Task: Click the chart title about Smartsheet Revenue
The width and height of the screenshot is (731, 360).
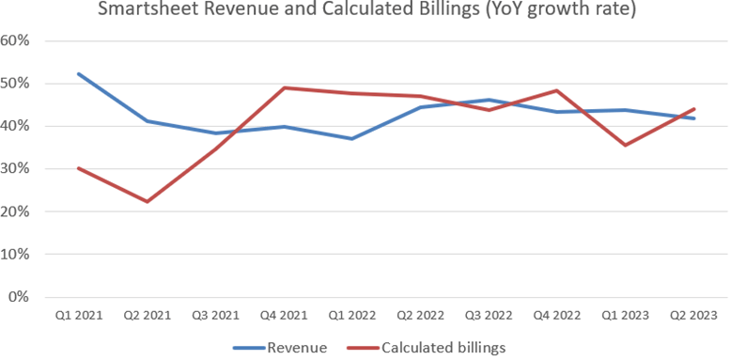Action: click(x=365, y=11)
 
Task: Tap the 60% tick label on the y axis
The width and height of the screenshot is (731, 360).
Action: click(x=19, y=41)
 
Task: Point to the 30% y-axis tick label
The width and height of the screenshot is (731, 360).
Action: click(x=19, y=169)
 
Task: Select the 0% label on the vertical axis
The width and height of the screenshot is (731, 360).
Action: click(x=23, y=297)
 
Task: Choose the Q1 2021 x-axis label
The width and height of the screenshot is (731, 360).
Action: click(x=78, y=317)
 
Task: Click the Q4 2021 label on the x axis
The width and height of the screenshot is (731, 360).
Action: click(x=283, y=317)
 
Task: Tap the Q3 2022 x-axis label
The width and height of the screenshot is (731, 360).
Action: click(x=489, y=317)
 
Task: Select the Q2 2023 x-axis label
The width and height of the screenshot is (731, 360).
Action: click(x=693, y=317)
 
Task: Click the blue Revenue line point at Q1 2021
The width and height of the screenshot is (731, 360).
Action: click(x=78, y=73)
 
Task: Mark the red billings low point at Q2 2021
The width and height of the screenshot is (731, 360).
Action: click(x=147, y=201)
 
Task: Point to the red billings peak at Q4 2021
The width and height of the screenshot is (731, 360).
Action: click(x=283, y=88)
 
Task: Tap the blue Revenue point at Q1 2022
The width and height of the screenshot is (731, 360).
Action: click(x=351, y=139)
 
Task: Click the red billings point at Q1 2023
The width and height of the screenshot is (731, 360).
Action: click(x=625, y=145)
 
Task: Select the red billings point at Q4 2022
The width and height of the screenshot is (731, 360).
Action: click(x=556, y=90)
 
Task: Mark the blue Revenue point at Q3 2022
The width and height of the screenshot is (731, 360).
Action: click(x=489, y=100)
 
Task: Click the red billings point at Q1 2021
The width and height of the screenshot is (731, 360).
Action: click(x=78, y=168)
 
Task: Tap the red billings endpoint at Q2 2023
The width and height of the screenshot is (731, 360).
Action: click(x=693, y=109)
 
